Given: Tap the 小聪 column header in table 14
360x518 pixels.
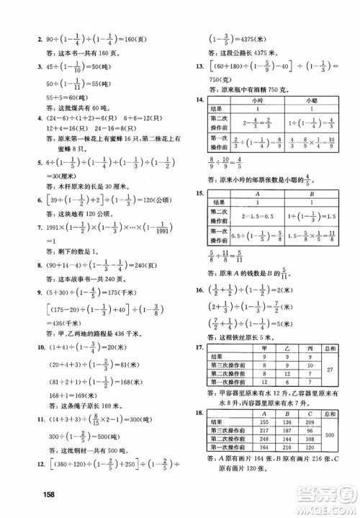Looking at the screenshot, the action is point(311,100).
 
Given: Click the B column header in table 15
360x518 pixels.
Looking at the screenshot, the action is point(311,194).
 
